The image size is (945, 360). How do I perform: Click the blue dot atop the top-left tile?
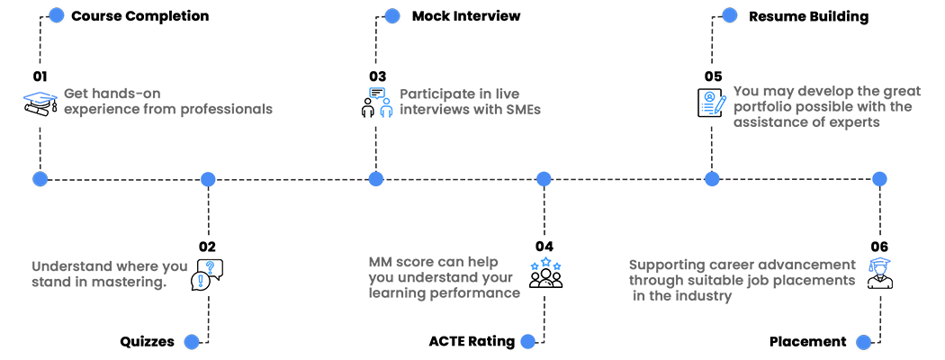[x=57, y=15]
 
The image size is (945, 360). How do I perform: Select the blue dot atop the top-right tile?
[x=729, y=15]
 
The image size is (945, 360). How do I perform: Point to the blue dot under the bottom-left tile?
[x=191, y=341]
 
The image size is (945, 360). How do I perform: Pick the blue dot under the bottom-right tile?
[x=866, y=341]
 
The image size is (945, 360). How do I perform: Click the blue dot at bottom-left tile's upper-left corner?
[x=40, y=178]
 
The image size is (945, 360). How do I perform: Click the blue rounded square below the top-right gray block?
[x=888, y=166]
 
